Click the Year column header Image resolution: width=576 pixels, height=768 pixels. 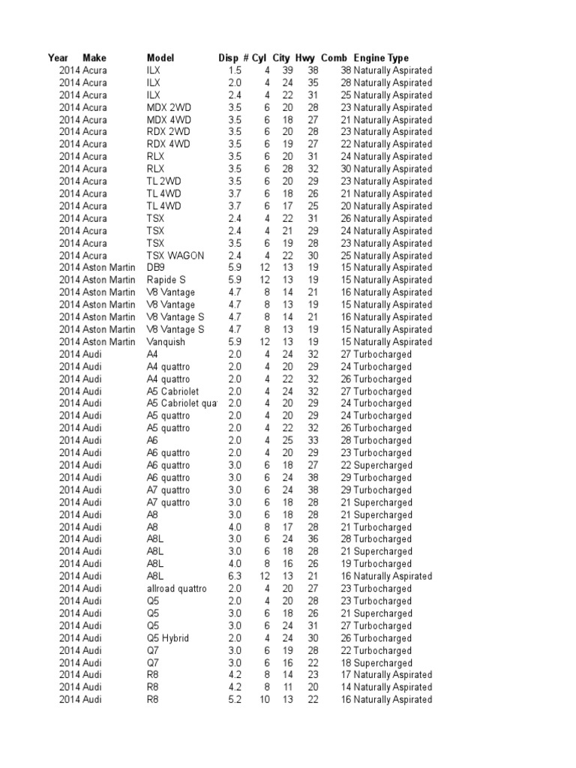click(x=58, y=58)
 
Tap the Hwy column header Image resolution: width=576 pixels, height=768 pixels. click(x=305, y=58)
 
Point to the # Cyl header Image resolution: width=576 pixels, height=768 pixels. click(x=255, y=58)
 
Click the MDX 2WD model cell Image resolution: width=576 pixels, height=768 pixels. click(x=169, y=107)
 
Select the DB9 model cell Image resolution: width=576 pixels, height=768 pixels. click(x=156, y=268)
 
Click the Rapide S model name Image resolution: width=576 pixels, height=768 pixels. click(x=167, y=280)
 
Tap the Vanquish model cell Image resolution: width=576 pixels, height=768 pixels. click(x=166, y=341)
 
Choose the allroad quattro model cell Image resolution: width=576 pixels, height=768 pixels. click(x=176, y=589)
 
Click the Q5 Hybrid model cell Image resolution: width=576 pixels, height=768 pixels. click(x=168, y=638)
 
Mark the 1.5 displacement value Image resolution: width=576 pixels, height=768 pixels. click(x=235, y=70)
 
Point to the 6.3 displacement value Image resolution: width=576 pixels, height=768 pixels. click(x=235, y=576)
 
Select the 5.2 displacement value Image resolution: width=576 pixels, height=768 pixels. click(x=235, y=700)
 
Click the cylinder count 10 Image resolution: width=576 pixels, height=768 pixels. click(x=265, y=700)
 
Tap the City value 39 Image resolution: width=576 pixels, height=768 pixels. click(x=287, y=70)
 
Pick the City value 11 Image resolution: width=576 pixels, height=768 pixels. click(x=287, y=687)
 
